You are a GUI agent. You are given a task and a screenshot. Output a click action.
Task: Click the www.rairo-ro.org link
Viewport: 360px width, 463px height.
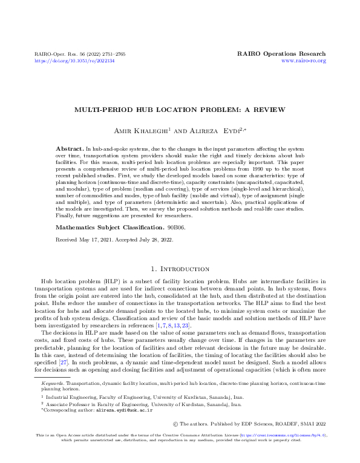(304, 61)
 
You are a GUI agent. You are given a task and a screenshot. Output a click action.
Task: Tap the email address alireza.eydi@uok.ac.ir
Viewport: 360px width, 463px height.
(123, 410)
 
